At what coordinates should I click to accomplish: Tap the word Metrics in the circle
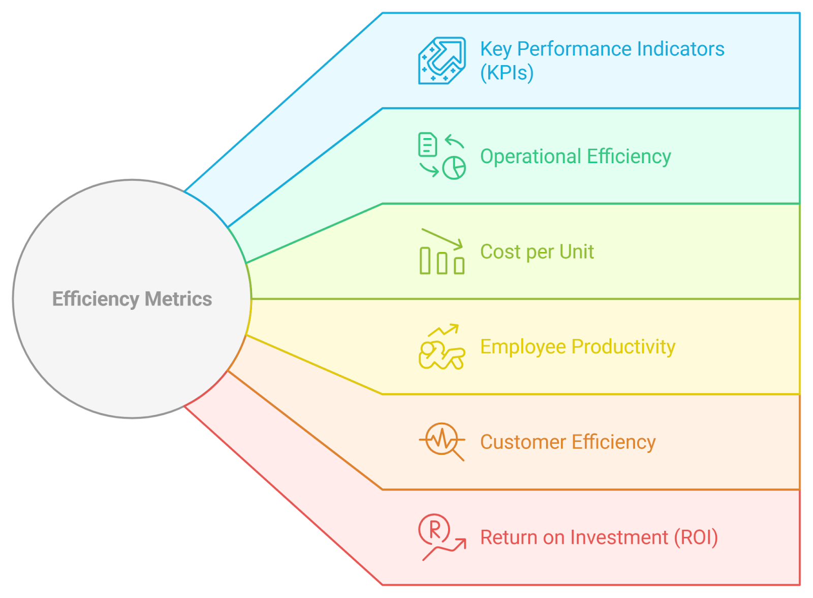click(178, 299)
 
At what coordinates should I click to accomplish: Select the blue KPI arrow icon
click(442, 60)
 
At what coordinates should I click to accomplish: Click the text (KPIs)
click(507, 73)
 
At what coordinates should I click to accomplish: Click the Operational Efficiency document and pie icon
click(442, 156)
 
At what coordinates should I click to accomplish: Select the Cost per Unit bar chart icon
click(442, 252)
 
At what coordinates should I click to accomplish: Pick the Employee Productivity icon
click(442, 347)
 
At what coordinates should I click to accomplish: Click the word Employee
click(523, 347)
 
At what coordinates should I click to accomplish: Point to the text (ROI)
click(696, 538)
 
